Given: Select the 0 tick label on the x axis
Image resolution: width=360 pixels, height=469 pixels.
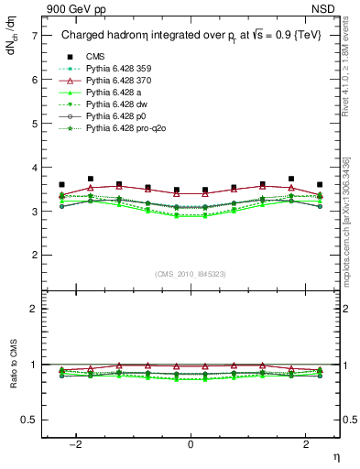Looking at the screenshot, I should tap(191, 444).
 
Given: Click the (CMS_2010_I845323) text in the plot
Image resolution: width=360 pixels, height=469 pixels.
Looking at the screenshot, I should tap(191, 274).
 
